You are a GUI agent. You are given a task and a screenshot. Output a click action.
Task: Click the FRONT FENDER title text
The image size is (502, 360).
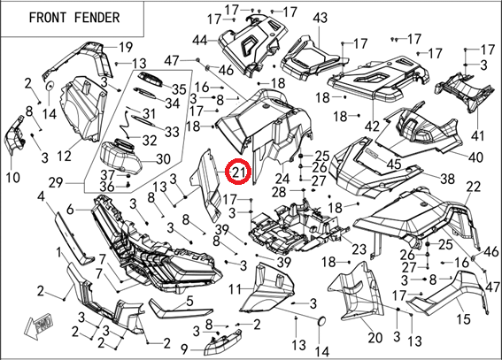pyautogui.click(x=74, y=18)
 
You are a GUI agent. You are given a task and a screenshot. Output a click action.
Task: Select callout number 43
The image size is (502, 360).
pyautogui.click(x=320, y=18)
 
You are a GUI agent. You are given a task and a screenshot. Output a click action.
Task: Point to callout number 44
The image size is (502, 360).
pyautogui.click(x=200, y=41)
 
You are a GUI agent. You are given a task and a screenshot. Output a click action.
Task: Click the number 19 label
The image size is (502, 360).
pyautogui.click(x=126, y=47)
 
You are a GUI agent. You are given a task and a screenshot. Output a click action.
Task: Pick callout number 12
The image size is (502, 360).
pyautogui.click(x=65, y=156)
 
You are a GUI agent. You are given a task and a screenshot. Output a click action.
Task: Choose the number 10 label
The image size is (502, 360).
pyautogui.click(x=12, y=177)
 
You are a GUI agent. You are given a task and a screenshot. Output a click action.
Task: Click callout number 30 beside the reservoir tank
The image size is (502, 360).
pyautogui.click(x=163, y=159)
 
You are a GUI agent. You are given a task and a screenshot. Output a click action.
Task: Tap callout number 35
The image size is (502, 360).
pyautogui.click(x=179, y=89)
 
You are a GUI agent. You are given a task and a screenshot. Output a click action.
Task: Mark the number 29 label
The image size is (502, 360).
pyautogui.click(x=57, y=183)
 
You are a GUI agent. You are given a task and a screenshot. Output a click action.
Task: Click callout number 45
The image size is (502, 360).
pyautogui.click(x=393, y=164)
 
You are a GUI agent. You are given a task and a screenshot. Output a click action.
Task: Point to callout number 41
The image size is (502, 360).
pyautogui.click(x=478, y=136)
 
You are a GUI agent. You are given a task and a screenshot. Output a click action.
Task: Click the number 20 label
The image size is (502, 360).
pyautogui.click(x=375, y=337)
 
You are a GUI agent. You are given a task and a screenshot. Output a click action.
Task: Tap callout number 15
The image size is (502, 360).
pyautogui.click(x=463, y=318)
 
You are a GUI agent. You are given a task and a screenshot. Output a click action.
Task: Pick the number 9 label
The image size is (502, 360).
pyautogui.click(x=184, y=349)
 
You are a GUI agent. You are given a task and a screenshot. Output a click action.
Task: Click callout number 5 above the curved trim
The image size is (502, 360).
pyautogui.click(x=189, y=301)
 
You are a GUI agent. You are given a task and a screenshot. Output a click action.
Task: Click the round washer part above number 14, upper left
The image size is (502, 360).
pyautogui.click(x=50, y=86)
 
